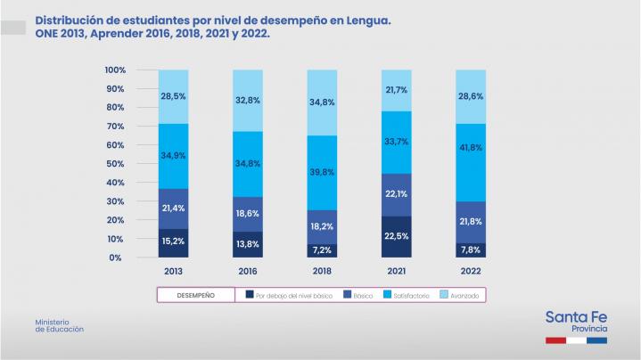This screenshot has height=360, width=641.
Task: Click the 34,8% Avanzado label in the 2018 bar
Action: (x=322, y=102)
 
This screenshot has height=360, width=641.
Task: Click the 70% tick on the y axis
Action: (x=115, y=127)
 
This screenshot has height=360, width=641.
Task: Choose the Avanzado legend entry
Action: (x=463, y=295)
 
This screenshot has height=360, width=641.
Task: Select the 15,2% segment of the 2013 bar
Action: (x=174, y=241)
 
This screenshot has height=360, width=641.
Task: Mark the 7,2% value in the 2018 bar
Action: (x=322, y=250)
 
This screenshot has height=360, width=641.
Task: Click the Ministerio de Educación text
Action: (x=60, y=325)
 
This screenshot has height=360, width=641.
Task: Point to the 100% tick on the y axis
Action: (x=115, y=70)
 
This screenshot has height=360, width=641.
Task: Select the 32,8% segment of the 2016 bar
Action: (x=248, y=101)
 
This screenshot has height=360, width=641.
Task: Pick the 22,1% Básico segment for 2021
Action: (x=397, y=194)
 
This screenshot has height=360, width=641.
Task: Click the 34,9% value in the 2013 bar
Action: (x=174, y=155)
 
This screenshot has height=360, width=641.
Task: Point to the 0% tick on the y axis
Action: (x=118, y=258)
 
